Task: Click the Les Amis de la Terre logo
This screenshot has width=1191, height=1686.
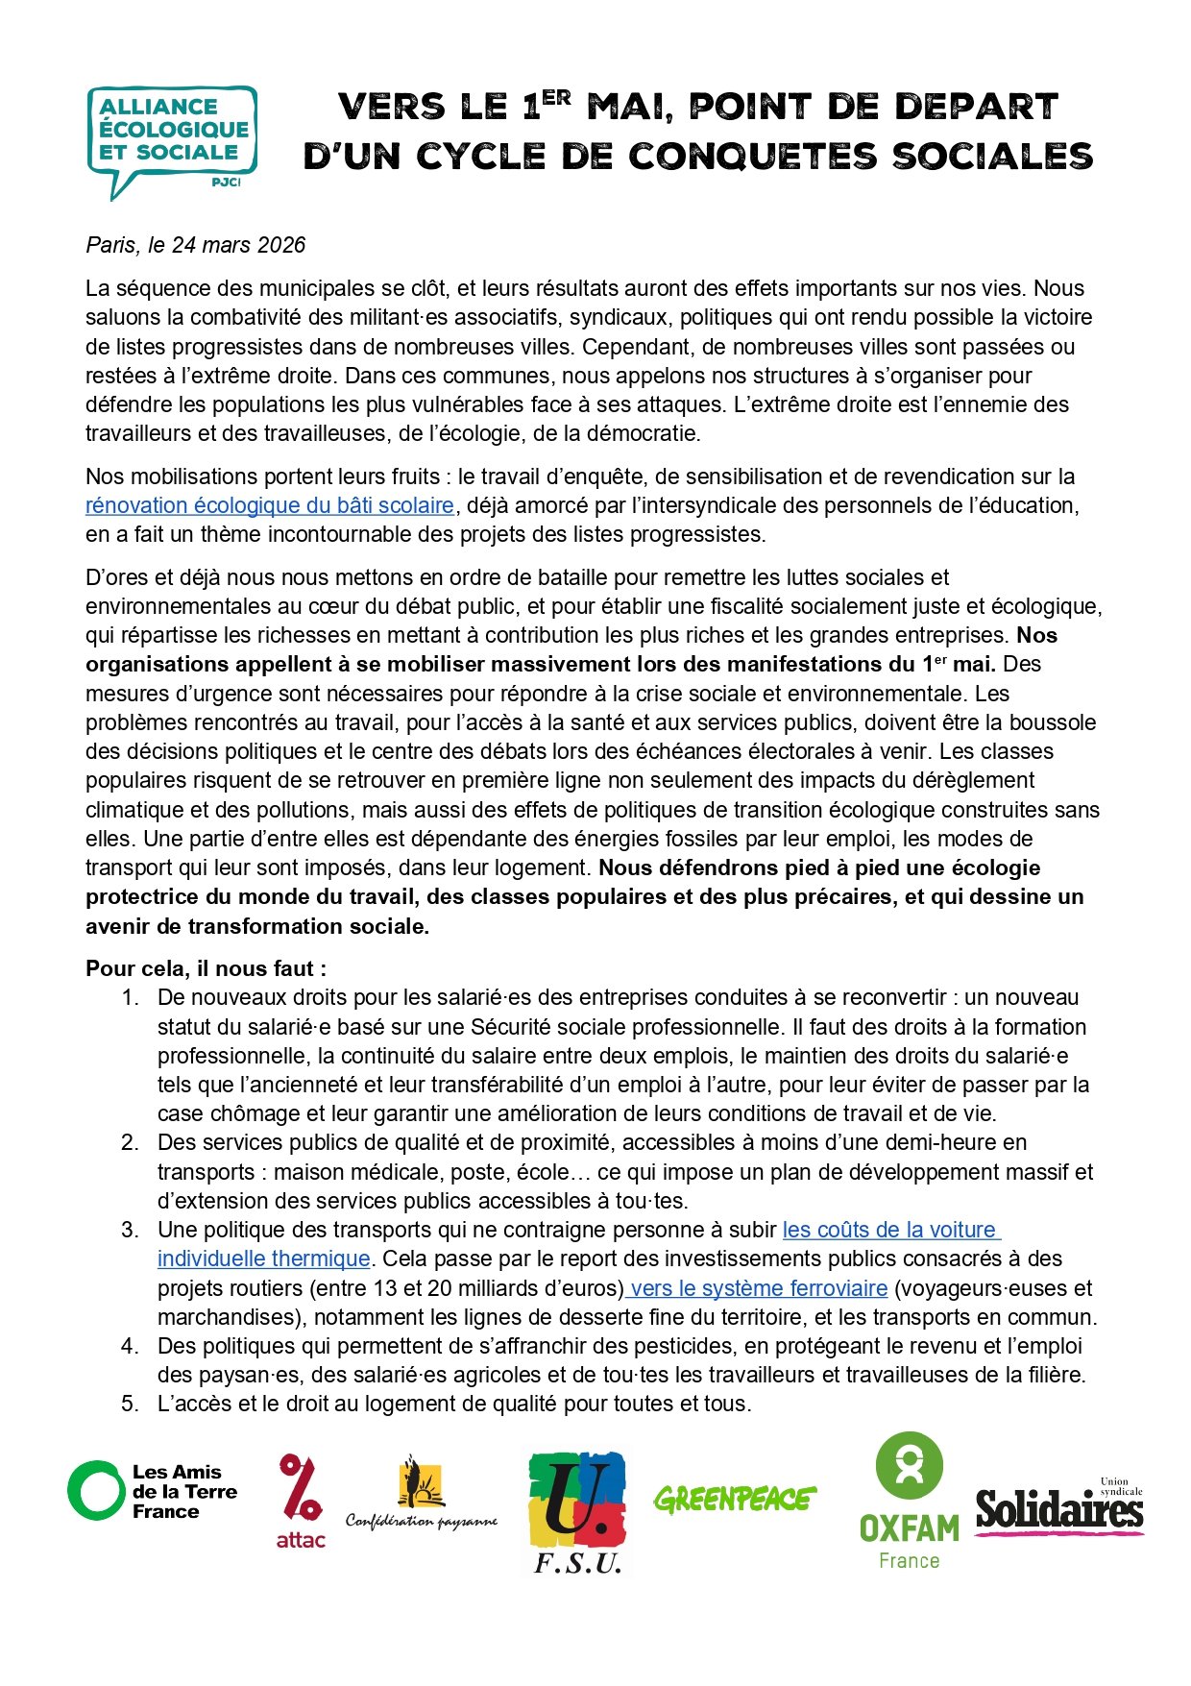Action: pos(152,1491)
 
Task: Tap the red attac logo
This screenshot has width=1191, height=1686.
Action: pos(301,1501)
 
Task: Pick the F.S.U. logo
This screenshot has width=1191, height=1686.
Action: pos(577,1511)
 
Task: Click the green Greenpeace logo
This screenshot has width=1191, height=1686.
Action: pos(735,1499)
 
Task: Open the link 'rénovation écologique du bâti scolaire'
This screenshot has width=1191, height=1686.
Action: pos(270,505)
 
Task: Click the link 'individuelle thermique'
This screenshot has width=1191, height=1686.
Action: pos(264,1258)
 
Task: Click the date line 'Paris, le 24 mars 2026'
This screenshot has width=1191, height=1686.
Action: pos(196,245)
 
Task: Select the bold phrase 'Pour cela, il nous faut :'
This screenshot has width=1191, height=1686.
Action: pos(206,968)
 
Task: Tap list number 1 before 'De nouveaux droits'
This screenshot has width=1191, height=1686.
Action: pos(130,997)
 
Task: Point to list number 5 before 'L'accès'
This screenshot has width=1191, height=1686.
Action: pos(130,1404)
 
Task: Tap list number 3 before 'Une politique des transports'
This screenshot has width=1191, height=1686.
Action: pos(130,1230)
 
